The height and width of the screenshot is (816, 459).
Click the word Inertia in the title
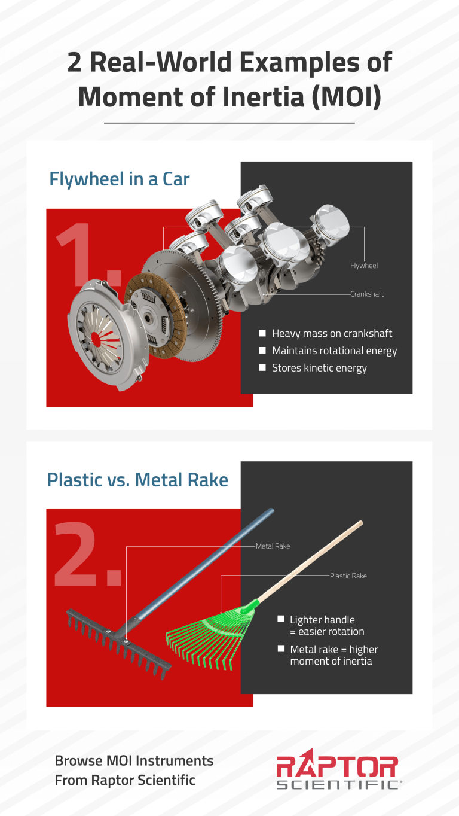tap(263, 97)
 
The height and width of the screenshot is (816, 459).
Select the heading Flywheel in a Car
tap(120, 179)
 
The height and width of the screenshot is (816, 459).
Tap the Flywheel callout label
tap(364, 266)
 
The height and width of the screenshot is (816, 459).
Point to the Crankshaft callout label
tap(367, 294)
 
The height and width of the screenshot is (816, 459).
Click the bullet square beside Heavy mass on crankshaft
tap(262, 333)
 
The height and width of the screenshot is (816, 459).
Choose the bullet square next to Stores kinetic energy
tap(262, 367)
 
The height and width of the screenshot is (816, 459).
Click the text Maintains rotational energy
tap(335, 351)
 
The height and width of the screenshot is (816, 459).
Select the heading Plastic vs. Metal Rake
tap(137, 479)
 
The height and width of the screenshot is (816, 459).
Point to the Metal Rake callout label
tap(273, 546)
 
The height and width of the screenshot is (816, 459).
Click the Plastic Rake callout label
tap(348, 576)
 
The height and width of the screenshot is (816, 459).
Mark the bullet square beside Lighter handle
tap(281, 619)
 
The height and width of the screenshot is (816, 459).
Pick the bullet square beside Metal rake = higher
tap(281, 648)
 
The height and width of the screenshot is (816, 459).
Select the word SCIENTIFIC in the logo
tap(338, 784)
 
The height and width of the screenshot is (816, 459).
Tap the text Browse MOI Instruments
tap(134, 760)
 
